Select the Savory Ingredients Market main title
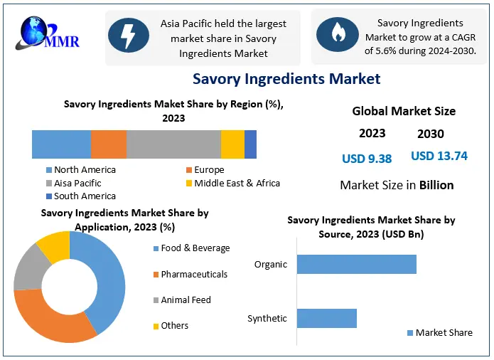point(286,79)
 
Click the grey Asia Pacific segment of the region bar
point(173,144)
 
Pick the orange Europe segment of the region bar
point(108,144)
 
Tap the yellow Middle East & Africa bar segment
point(232,144)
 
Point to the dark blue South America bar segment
point(250,144)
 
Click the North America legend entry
point(84,170)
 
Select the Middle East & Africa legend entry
point(237,183)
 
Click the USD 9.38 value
point(367,159)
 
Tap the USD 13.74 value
point(439,156)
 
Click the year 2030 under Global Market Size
point(431,134)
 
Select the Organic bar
point(356,264)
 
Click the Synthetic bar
point(326,318)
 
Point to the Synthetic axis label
point(267,318)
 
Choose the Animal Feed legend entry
point(186,300)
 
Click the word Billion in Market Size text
point(436,185)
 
